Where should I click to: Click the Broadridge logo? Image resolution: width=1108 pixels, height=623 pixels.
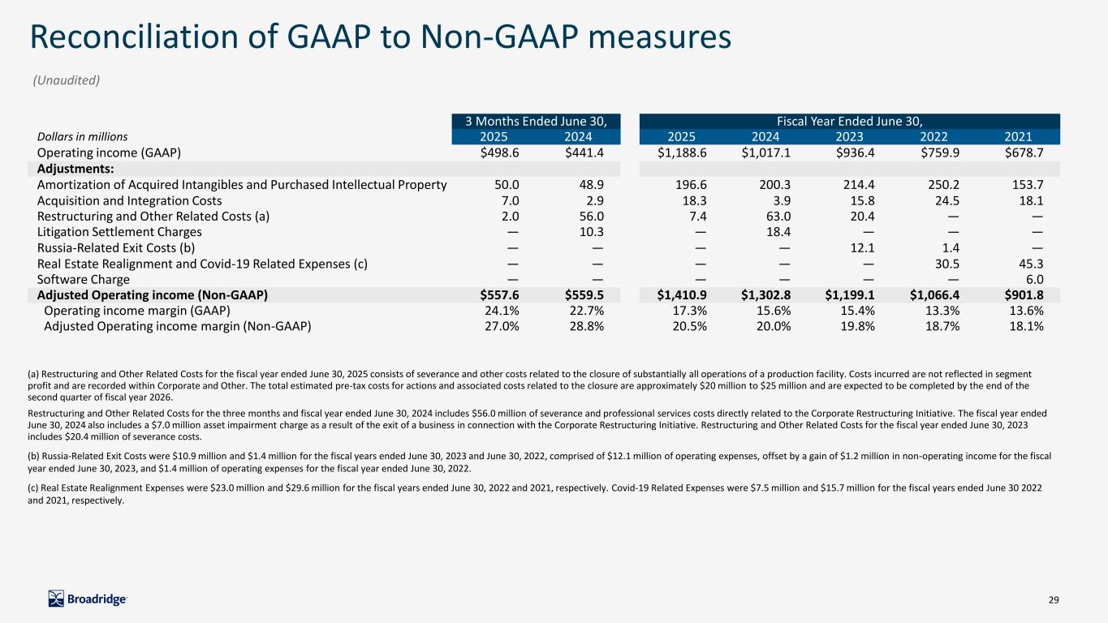88,599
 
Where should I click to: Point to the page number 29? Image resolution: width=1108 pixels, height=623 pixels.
1054,599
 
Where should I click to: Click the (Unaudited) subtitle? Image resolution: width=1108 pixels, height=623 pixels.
66,80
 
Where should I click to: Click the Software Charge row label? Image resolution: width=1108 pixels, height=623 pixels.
84,278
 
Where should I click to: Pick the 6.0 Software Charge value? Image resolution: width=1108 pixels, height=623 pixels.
1033,278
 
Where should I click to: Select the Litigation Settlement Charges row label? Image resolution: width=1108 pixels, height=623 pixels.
119,232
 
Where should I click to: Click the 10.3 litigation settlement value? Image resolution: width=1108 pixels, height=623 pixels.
588,232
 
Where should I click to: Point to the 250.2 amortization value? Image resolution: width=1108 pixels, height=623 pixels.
945,185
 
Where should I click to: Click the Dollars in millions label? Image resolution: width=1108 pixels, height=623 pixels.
83,137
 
